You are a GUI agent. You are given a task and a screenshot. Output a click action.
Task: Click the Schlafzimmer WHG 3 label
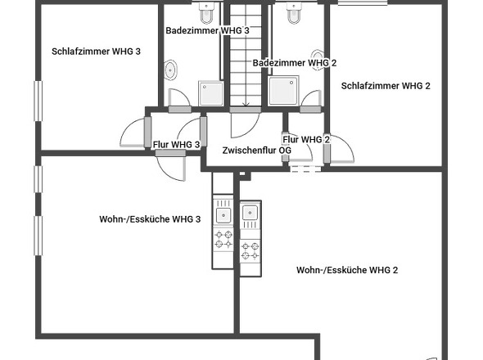[96, 51]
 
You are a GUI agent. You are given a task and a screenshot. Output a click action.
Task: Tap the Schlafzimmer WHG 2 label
[386, 86]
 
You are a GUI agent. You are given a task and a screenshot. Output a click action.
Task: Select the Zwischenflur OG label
[256, 151]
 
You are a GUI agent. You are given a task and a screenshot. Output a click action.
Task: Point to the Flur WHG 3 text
[176, 144]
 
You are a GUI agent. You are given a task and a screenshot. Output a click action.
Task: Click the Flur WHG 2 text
[306, 140]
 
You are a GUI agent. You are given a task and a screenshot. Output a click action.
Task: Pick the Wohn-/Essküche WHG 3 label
[150, 219]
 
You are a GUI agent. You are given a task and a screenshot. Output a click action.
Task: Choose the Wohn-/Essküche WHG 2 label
[347, 270]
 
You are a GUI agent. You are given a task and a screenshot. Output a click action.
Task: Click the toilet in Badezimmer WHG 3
[206, 13]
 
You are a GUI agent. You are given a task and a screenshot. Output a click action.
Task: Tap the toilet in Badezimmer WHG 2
[294, 13]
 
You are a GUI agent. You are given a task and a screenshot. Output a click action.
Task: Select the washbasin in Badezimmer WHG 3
[170, 70]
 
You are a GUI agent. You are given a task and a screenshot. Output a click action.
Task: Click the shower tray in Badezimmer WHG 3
[211, 93]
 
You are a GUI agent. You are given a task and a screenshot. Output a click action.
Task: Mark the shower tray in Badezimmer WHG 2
[283, 91]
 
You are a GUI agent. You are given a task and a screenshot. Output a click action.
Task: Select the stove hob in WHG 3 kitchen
[223, 239]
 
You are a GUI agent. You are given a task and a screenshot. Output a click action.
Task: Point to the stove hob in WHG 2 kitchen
[251, 250]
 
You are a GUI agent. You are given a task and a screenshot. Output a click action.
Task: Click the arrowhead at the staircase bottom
[246, 105]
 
